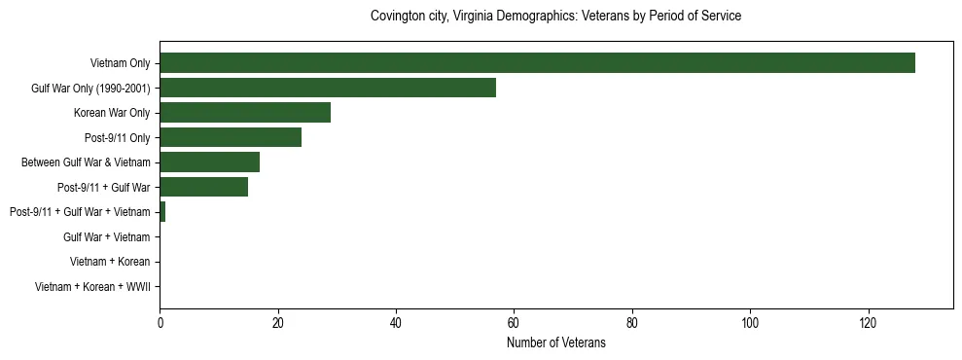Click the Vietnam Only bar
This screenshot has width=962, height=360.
[537, 63]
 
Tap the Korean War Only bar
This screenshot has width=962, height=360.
[245, 113]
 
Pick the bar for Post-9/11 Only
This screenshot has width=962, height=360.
[231, 137]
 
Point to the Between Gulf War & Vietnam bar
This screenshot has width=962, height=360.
[210, 162]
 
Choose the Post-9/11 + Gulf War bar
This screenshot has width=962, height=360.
[204, 187]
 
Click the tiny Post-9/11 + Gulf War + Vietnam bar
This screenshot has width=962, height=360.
[162, 212]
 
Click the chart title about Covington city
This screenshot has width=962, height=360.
[556, 17]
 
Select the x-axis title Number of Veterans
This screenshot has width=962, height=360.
[556, 342]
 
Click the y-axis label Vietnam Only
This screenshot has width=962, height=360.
[120, 64]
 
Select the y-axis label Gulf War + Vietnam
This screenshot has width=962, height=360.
[107, 237]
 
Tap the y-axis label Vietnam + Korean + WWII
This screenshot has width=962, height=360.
[92, 287]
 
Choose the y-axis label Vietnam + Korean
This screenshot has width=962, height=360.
[110, 262]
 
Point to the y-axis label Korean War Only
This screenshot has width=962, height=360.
[112, 114]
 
